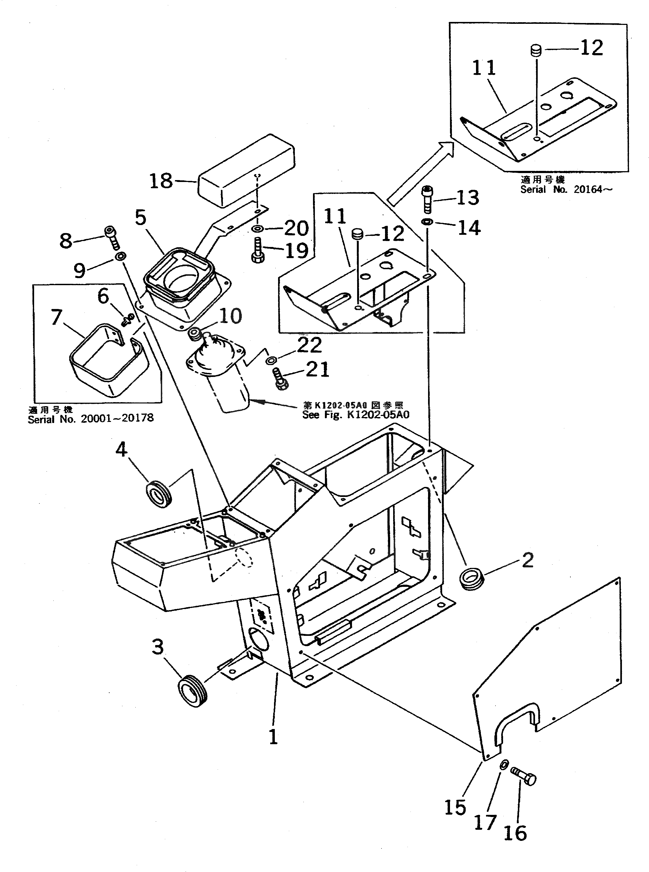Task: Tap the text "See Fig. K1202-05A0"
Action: click(356, 415)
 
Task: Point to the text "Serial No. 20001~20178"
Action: click(91, 418)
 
